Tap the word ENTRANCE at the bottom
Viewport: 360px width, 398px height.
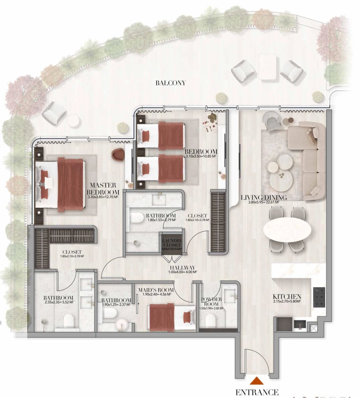point(257,392)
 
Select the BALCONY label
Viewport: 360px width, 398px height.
point(170,83)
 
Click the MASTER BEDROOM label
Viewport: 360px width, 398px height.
point(102,189)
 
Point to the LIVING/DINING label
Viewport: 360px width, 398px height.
point(264,197)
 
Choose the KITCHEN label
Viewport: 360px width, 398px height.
point(286,297)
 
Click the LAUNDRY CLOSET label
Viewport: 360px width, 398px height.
point(172,243)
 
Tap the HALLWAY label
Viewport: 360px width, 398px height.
point(182,268)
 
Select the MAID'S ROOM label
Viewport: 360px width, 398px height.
point(156,290)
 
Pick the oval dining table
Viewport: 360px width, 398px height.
point(287,230)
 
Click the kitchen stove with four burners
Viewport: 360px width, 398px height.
point(319,297)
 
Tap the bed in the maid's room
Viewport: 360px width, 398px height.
point(170,316)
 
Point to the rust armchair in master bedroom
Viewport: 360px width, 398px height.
point(118,155)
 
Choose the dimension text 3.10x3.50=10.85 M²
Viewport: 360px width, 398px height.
point(201,156)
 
